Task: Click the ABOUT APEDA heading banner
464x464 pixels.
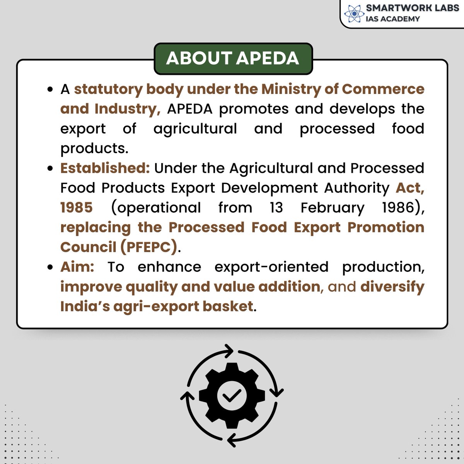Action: (x=233, y=58)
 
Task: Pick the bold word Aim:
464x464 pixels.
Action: (x=77, y=267)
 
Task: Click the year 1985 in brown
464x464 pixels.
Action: (x=77, y=208)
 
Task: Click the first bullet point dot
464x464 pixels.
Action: (x=49, y=90)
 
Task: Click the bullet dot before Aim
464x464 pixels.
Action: (x=49, y=268)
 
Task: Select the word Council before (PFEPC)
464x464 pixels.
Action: (x=88, y=247)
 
